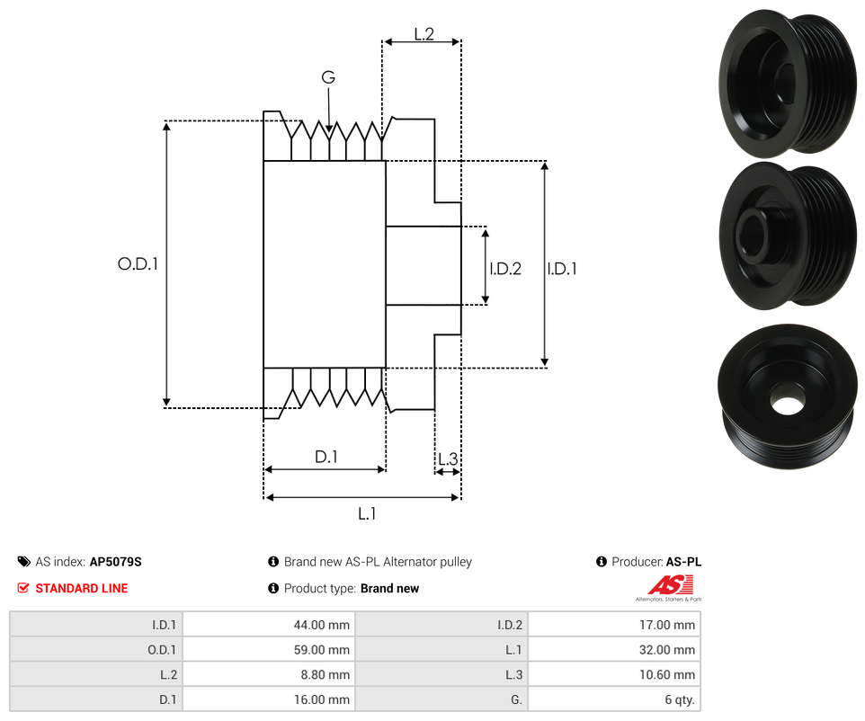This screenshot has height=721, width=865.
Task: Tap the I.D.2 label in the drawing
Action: click(x=505, y=268)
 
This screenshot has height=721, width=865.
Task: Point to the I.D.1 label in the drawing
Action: click(x=562, y=268)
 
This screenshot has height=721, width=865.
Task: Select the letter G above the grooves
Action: click(x=328, y=78)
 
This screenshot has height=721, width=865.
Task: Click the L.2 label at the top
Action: click(x=424, y=34)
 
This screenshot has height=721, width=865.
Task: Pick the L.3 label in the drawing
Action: click(x=447, y=459)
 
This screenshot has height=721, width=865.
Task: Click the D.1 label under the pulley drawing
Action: click(x=325, y=457)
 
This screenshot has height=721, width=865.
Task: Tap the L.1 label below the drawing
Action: click(x=367, y=514)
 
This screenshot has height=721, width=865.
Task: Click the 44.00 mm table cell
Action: click(x=268, y=625)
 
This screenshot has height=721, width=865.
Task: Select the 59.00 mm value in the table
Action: click(x=268, y=650)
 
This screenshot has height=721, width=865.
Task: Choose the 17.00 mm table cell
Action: click(x=613, y=625)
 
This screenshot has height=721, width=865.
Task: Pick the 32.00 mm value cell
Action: click(x=613, y=650)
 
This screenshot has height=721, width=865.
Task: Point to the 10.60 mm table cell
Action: click(x=613, y=675)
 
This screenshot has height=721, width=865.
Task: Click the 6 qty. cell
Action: click(x=613, y=700)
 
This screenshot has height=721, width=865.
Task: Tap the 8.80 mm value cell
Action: click(x=268, y=675)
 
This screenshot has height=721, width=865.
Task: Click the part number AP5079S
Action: click(x=115, y=562)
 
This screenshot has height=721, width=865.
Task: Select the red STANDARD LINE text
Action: click(x=81, y=588)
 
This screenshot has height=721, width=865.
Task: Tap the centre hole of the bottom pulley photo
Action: click(x=786, y=404)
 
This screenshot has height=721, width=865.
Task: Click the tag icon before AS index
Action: click(x=24, y=562)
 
